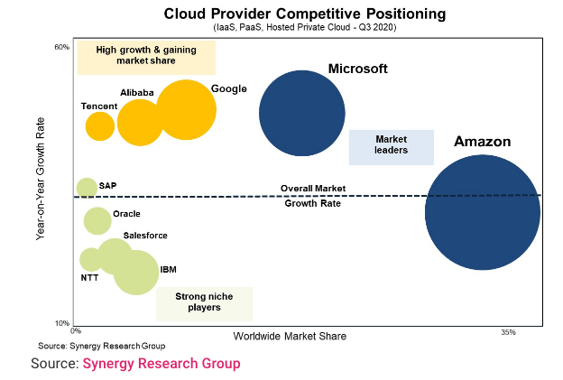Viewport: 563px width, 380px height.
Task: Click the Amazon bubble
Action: (x=483, y=212)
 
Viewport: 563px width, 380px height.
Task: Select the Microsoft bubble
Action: (x=302, y=113)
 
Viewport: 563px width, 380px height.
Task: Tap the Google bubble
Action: (x=186, y=110)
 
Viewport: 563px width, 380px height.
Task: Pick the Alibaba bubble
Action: (x=140, y=124)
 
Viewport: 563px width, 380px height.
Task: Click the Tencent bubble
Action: (x=100, y=125)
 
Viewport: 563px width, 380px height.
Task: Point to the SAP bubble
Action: (x=87, y=188)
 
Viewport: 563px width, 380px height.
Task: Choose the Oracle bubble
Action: (x=97, y=220)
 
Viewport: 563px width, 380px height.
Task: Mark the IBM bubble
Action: (x=136, y=272)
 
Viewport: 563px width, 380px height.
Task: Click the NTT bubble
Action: (x=90, y=260)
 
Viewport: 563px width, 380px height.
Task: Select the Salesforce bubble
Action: (x=115, y=255)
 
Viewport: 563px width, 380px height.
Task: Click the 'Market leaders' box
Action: (x=391, y=147)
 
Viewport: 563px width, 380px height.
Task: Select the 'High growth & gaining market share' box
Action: (x=146, y=58)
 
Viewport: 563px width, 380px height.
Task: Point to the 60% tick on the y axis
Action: (x=62, y=47)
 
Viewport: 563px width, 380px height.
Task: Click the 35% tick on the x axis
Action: (x=508, y=333)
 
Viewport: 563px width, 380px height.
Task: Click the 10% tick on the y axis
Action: (x=62, y=323)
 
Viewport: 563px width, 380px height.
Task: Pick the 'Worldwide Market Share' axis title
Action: (x=290, y=337)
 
